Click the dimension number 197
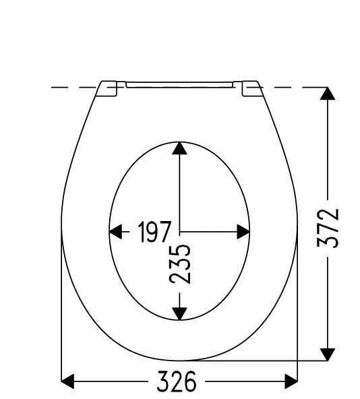(x=154, y=232)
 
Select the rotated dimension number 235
(x=180, y=264)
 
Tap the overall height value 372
(x=328, y=228)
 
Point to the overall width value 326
(x=177, y=381)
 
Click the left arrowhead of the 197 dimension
(x=115, y=232)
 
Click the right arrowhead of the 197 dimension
(x=243, y=232)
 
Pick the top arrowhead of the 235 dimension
(x=179, y=148)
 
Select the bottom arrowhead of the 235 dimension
(x=179, y=313)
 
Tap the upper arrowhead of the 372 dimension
(x=328, y=94)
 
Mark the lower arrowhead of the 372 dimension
(x=328, y=355)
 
